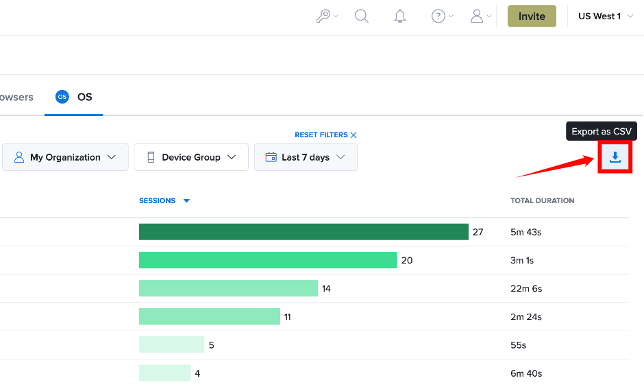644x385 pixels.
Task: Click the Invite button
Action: click(x=532, y=16)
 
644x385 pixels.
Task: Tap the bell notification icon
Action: click(x=400, y=16)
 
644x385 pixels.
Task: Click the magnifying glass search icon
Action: click(x=362, y=16)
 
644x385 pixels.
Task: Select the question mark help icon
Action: click(x=438, y=16)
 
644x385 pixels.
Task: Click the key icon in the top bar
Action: click(x=323, y=16)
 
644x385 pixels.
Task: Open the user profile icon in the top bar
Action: click(x=476, y=16)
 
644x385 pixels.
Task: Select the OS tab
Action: click(x=74, y=97)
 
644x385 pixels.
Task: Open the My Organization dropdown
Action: click(x=65, y=157)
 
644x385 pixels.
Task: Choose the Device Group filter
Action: click(x=191, y=157)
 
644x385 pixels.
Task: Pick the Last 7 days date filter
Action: click(x=306, y=157)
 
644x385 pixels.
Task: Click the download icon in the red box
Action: click(x=615, y=157)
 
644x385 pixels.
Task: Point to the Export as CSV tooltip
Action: click(x=602, y=131)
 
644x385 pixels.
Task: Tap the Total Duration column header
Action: click(x=542, y=200)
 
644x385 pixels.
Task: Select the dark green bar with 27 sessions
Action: click(x=304, y=232)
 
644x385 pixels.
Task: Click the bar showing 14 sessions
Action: click(x=228, y=288)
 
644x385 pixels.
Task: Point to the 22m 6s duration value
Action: click(x=526, y=289)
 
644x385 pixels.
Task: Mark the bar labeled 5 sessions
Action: click(x=171, y=345)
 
